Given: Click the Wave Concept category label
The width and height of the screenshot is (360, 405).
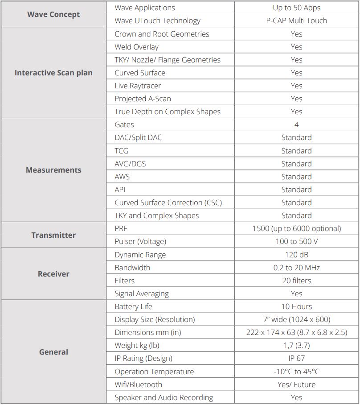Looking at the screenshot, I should click(x=53, y=14).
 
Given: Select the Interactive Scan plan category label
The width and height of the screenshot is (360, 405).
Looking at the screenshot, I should click(x=53, y=73).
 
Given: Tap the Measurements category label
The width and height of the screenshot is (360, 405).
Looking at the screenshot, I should click(x=53, y=170).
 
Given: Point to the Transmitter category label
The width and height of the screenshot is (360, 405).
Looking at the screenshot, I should click(x=53, y=235).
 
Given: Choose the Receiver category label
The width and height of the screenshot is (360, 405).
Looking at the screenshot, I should click(x=53, y=274).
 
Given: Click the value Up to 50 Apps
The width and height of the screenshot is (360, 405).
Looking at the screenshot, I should click(x=296, y=8).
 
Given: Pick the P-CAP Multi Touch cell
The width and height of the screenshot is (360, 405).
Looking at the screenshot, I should click(x=296, y=21).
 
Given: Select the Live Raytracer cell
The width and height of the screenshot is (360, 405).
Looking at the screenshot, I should click(x=138, y=86).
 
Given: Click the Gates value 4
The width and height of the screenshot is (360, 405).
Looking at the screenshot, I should click(x=296, y=124).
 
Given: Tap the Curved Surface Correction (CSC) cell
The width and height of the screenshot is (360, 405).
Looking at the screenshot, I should click(x=168, y=202).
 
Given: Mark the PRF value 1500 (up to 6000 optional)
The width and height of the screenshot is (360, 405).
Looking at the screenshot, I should click(x=296, y=228).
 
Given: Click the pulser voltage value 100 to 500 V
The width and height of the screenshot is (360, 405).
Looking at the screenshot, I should click(x=296, y=241).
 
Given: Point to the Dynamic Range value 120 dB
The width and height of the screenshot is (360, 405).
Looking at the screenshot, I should click(x=296, y=255).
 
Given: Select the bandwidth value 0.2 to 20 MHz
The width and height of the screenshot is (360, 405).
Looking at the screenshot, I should click(x=296, y=268).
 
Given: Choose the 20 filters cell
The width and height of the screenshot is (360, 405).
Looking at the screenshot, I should click(x=296, y=281).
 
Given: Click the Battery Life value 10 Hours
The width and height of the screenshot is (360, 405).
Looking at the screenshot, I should click(x=296, y=306).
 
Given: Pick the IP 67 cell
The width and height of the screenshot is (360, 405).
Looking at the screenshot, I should click(x=296, y=358).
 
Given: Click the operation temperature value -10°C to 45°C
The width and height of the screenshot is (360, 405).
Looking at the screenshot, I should click(x=296, y=372).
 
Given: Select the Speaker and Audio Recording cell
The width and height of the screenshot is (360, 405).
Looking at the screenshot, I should click(x=164, y=397).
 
